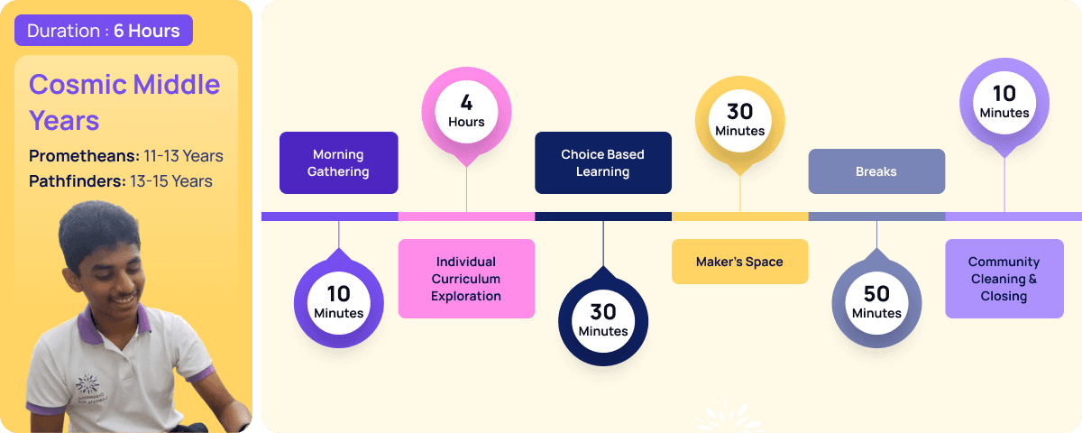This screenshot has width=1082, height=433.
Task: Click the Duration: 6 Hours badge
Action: [103, 31]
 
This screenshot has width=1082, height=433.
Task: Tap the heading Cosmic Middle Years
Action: [124, 102]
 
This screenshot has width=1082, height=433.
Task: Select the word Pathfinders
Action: [77, 181]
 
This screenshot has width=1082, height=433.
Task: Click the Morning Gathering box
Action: [338, 163]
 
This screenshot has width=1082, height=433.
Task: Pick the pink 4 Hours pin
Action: [466, 112]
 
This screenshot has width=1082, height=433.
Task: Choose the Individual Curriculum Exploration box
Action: [466, 279]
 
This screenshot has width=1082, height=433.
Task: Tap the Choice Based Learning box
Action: [602, 163]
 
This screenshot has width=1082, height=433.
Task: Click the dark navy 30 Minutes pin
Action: [602, 320]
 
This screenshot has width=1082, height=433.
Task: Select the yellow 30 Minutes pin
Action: [739, 120]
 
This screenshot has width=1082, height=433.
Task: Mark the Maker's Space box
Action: [739, 262]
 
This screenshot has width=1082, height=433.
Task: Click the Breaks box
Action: [876, 171]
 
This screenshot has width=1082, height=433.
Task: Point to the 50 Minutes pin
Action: [876, 302]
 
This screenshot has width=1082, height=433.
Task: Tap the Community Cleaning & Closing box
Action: [1004, 279]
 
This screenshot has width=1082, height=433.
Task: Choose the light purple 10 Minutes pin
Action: [1004, 103]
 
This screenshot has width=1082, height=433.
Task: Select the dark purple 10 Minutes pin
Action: [338, 302]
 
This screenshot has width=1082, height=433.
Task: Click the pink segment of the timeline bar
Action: [466, 216]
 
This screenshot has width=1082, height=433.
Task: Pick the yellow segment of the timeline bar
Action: [739, 216]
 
